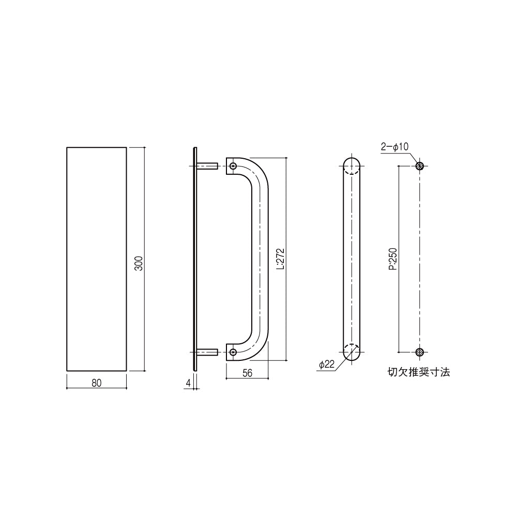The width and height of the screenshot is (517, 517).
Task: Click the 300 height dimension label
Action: pyautogui.click(x=140, y=264)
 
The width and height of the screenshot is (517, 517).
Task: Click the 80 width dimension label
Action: pyautogui.click(x=97, y=383)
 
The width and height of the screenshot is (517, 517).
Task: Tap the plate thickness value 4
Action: pyautogui.click(x=188, y=383)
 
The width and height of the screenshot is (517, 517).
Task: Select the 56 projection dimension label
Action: pyautogui.click(x=247, y=373)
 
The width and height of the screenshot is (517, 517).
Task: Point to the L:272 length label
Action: pyautogui.click(x=280, y=259)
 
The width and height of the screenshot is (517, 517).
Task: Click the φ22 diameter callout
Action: pyautogui.click(x=327, y=364)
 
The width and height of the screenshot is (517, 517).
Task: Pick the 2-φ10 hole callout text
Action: pyautogui.click(x=394, y=146)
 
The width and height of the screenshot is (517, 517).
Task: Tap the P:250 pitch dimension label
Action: pyautogui.click(x=393, y=259)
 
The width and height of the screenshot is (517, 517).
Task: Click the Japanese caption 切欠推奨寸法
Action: pyautogui.click(x=418, y=372)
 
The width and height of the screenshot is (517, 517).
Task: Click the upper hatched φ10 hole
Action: pyautogui.click(x=419, y=166)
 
